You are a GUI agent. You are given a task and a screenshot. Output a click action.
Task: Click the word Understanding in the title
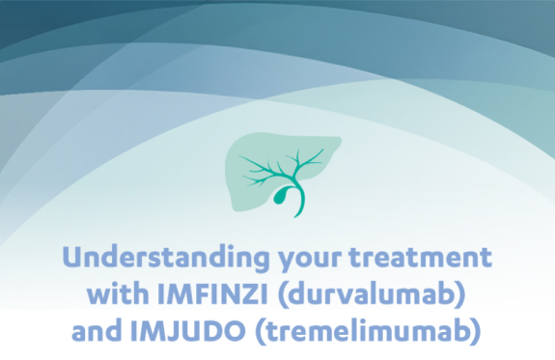pos(166,259)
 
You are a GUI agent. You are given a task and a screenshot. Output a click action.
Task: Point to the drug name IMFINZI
pos(212,293)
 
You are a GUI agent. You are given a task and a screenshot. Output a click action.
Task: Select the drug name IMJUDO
pos(187,331)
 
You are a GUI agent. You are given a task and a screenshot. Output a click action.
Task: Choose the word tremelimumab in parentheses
pos(368,331)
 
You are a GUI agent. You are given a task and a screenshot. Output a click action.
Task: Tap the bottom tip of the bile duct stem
pos(295,216)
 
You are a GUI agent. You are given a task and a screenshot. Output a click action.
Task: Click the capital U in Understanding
pos(74,257)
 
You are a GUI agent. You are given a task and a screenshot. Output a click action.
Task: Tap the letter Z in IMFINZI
pos(247,293)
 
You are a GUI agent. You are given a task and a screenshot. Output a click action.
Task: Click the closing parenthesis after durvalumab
pos(460,294)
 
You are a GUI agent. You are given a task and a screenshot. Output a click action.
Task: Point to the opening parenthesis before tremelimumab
pos(260,331)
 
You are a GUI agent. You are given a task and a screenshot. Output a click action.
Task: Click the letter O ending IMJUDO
pos(234,331)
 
